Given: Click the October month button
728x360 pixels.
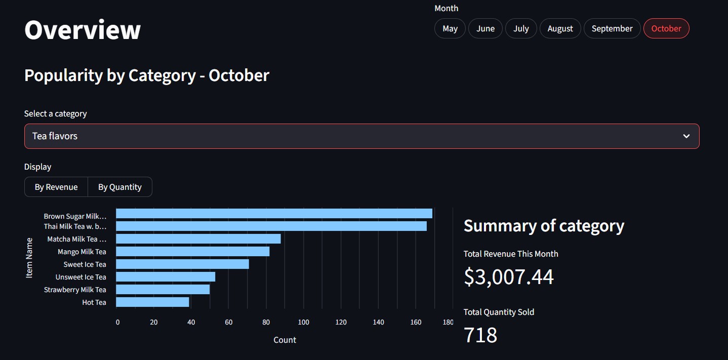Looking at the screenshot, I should (666, 28).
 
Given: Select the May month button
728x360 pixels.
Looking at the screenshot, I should (450, 28).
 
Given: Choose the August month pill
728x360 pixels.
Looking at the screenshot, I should (560, 28).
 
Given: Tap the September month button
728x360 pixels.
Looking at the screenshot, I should (612, 28).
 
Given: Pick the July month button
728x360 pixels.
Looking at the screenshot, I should (521, 28).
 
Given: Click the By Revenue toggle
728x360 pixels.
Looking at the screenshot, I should (56, 187).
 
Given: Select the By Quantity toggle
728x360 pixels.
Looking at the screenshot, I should (120, 187).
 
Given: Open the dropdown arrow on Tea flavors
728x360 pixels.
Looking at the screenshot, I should (686, 136).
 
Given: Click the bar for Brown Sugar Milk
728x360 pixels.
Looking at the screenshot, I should (274, 214).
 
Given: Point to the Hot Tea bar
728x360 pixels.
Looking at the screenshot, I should (152, 302).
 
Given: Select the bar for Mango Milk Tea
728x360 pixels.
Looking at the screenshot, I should (192, 252).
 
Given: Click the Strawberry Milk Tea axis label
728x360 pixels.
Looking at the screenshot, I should (75, 290).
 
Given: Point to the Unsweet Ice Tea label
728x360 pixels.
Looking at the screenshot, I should (80, 277).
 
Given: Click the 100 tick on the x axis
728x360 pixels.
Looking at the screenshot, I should (303, 322).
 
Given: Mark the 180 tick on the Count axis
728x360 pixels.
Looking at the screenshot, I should (448, 322).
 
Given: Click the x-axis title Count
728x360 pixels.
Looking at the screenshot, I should (285, 340).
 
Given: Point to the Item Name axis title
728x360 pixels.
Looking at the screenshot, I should (29, 258).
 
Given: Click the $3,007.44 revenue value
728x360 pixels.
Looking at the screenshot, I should (509, 276).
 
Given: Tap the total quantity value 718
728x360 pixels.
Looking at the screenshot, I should (480, 335).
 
